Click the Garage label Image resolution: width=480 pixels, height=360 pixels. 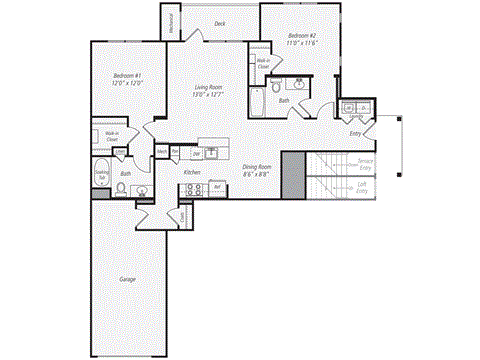coord(128,279)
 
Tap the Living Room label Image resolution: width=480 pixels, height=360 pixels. coord(208,92)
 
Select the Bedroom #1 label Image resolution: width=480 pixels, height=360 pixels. coord(127,80)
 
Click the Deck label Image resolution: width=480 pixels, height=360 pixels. coord(219,23)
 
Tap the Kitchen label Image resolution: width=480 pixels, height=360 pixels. coord(192,172)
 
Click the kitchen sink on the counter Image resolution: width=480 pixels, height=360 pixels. coord(212,153)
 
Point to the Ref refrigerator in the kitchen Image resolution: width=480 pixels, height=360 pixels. coord(215,187)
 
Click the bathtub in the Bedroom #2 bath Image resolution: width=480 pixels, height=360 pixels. coord(257,102)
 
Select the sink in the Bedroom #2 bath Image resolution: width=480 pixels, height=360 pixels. coord(299,84)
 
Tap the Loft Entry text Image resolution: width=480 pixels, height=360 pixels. coord(361,186)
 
